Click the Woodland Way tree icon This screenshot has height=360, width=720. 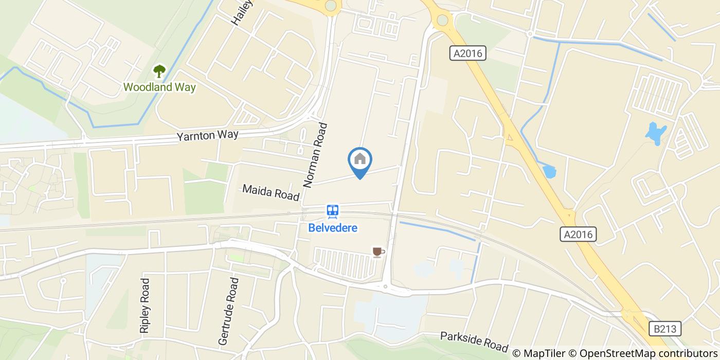159,70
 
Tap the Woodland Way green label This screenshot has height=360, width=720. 159,87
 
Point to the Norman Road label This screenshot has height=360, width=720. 315,155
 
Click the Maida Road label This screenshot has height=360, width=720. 271,192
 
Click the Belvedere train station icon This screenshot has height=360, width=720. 333,211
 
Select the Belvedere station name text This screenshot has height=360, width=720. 333,227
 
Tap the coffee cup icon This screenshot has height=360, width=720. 378,251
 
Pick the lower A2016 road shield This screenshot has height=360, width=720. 578,235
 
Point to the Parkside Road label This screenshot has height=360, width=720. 474,341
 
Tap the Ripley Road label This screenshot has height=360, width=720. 145,306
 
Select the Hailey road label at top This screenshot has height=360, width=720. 242,12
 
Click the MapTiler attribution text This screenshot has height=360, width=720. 539,353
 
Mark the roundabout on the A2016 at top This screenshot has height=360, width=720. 442,21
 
